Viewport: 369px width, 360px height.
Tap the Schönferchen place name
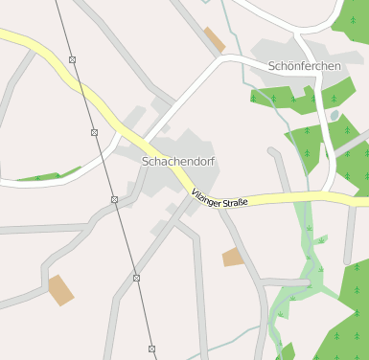point(306,65)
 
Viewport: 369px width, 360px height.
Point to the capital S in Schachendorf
point(146,162)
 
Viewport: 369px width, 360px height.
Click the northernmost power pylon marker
point(73,60)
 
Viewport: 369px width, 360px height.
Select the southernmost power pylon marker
point(151,349)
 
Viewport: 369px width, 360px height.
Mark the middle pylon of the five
point(114,199)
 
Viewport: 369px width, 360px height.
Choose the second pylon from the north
point(94,132)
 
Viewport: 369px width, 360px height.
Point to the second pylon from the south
point(136,278)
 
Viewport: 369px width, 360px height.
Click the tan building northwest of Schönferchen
point(215,40)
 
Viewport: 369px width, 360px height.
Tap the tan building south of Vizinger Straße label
point(233,257)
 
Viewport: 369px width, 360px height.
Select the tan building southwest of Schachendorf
point(61,289)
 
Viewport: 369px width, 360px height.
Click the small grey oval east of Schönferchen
point(334,116)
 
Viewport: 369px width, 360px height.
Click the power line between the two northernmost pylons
point(83,96)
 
